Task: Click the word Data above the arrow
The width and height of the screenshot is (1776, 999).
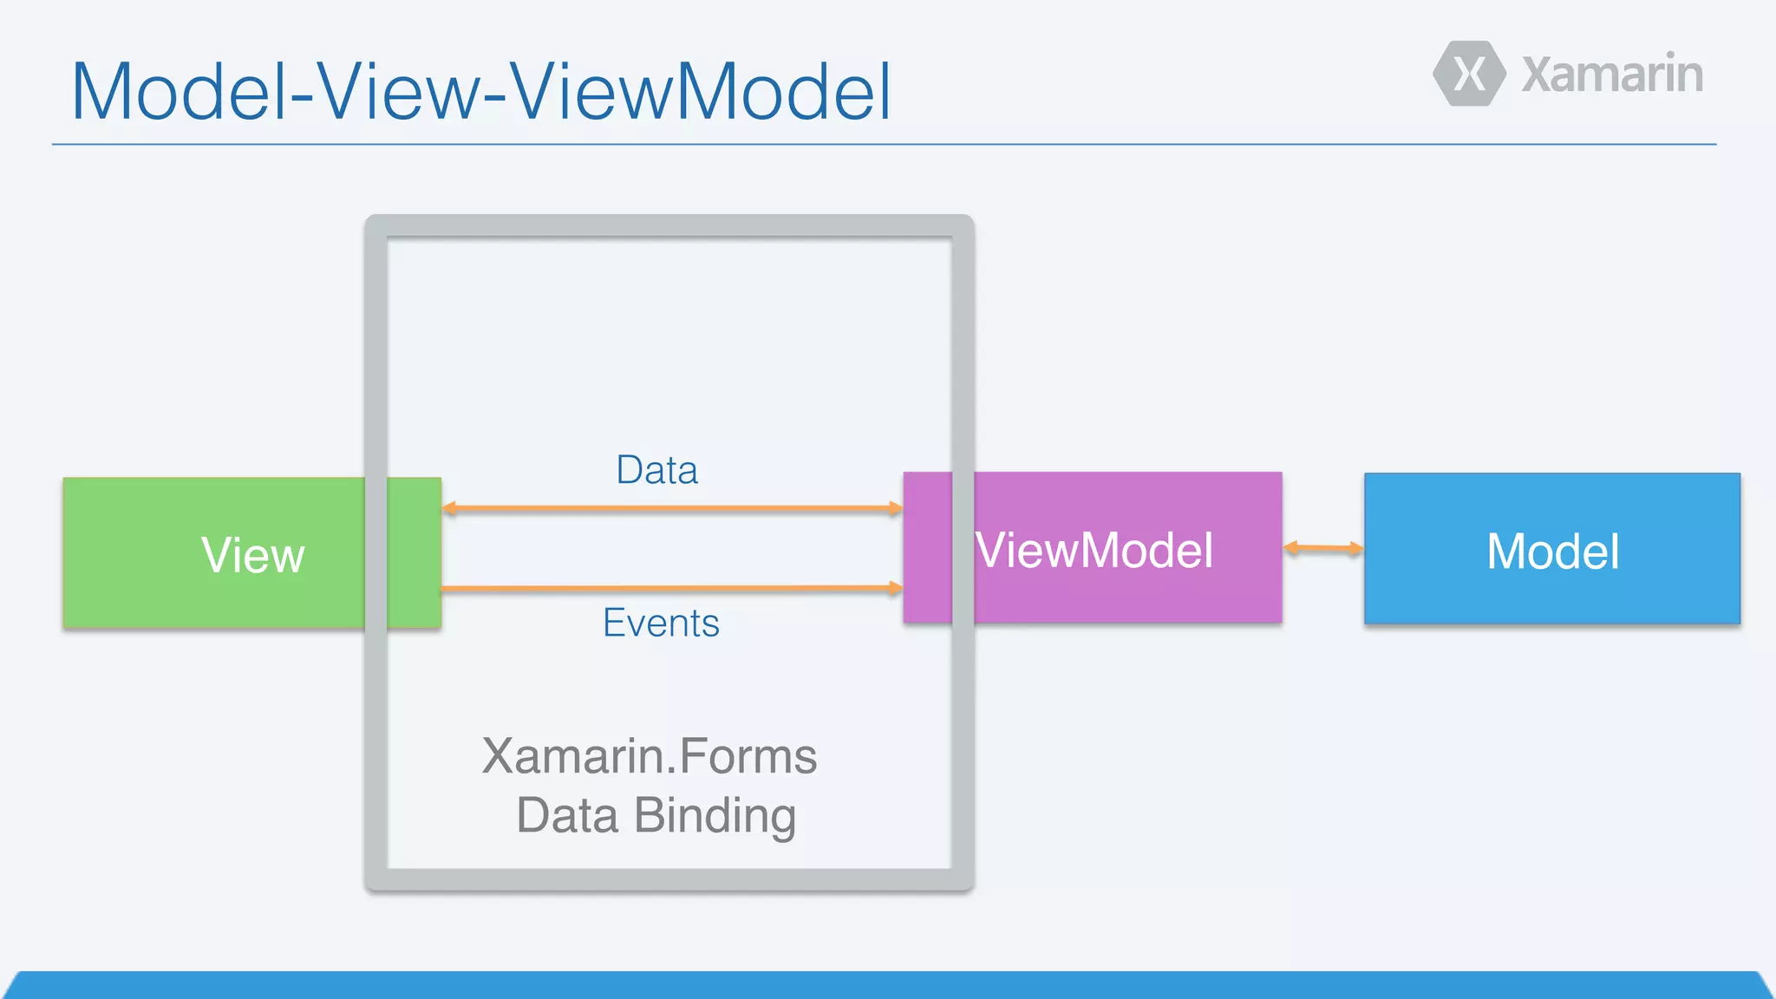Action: tap(656, 470)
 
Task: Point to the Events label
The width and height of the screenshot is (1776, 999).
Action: tap(661, 624)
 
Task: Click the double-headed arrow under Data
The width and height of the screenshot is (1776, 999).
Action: tap(672, 508)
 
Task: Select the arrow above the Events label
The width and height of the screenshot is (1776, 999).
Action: tap(672, 589)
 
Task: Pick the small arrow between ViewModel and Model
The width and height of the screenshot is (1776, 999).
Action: tap(1322, 548)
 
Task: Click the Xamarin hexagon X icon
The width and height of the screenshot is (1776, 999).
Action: tap(1469, 74)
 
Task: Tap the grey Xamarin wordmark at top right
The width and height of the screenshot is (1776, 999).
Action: tap(1612, 75)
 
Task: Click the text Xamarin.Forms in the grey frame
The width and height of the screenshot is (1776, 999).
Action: tap(650, 756)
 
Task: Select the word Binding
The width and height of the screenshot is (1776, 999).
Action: tap(715, 816)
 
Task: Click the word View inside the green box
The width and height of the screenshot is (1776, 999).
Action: tap(252, 555)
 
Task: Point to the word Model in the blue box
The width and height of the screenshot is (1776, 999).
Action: tap(1552, 552)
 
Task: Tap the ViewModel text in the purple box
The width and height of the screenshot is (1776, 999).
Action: tap(1094, 550)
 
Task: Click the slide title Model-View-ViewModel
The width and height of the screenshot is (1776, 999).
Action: tap(481, 92)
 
